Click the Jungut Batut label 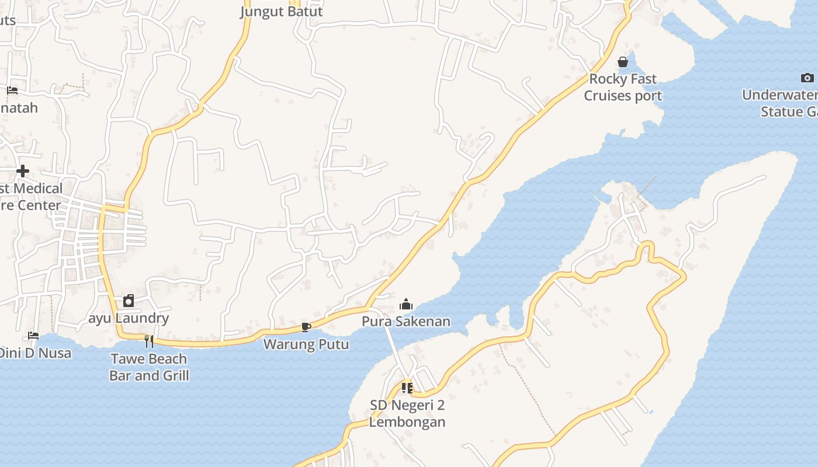click(281, 11)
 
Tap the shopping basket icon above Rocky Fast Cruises click(623, 61)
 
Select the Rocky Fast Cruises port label click(623, 87)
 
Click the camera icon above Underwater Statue click(807, 78)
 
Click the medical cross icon click(23, 171)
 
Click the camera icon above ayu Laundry click(129, 301)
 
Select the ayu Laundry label click(129, 318)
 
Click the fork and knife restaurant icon click(149, 341)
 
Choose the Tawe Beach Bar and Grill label click(149, 367)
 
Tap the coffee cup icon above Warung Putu click(306, 327)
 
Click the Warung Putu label click(306, 344)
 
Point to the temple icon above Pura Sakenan click(406, 304)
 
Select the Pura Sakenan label click(406, 321)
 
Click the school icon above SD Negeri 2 click(407, 388)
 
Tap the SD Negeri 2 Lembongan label click(407, 413)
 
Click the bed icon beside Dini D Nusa click(33, 336)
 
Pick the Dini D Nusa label click(35, 353)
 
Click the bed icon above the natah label click(12, 90)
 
